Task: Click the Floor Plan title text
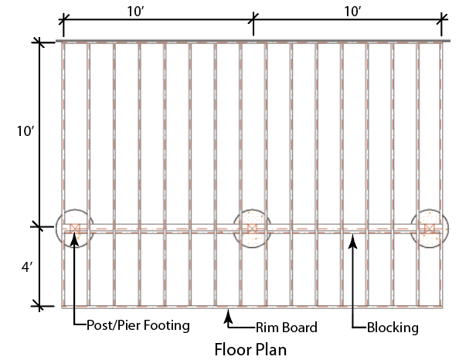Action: click(250, 349)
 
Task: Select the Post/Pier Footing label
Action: click(138, 325)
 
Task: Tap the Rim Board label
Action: click(287, 328)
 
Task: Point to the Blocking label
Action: click(393, 328)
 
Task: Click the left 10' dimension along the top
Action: click(135, 12)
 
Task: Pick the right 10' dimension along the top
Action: click(352, 12)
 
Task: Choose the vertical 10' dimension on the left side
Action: click(25, 131)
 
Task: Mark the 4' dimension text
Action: click(26, 267)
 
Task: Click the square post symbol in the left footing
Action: click(75, 229)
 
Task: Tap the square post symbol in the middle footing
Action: click(252, 229)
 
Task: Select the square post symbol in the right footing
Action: click(429, 229)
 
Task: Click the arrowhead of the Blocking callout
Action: click(352, 242)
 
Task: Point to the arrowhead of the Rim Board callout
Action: click(228, 317)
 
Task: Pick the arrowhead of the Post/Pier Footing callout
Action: click(75, 239)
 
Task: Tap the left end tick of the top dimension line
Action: click(63, 20)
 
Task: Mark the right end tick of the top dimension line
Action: click(441, 20)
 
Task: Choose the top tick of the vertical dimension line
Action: click(39, 42)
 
